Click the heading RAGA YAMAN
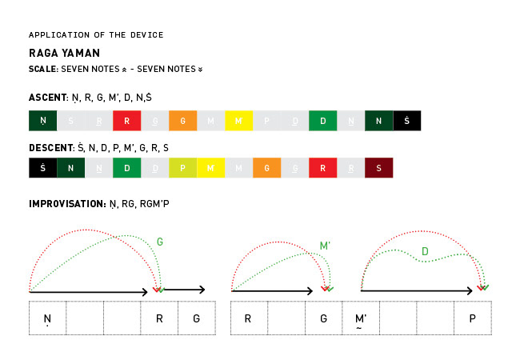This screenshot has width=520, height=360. click(64, 53)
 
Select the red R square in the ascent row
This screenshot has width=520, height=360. click(126, 121)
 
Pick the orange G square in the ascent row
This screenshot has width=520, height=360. click(182, 121)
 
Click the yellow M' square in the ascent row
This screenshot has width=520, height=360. click(238, 121)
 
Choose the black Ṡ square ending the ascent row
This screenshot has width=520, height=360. click(406, 121)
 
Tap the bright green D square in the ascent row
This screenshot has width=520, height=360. click(322, 121)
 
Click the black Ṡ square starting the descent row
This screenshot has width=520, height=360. click(42, 168)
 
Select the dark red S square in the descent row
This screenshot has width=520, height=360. click(378, 168)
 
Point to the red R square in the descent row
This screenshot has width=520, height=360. click(322, 168)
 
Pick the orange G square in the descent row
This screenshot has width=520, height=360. click(266, 168)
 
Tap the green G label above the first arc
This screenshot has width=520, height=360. click(160, 240)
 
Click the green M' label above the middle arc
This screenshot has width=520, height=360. click(326, 246)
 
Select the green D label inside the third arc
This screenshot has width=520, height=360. click(425, 252)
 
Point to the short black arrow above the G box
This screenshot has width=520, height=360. click(185, 290)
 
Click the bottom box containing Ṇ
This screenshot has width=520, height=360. click(47, 318)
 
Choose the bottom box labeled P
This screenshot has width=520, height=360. click(473, 318)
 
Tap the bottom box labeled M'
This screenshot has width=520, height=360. click(361, 318)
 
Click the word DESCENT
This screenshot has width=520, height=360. click(50, 147)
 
